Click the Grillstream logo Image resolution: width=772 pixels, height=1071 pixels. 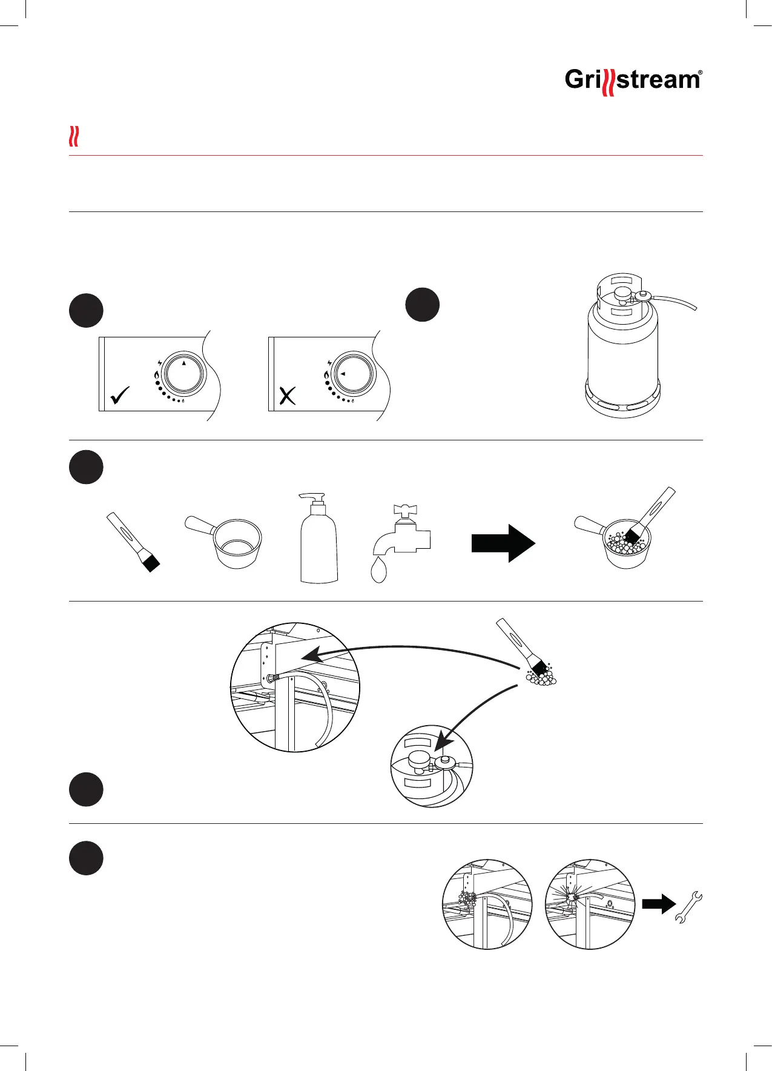coord(633,81)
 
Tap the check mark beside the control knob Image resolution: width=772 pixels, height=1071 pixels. coord(120,396)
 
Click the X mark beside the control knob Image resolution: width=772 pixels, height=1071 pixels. coord(287,396)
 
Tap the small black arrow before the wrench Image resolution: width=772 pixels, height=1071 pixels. coord(658,904)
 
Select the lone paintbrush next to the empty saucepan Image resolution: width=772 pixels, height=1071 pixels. coord(133,543)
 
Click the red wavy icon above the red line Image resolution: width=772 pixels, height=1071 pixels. coord(74,137)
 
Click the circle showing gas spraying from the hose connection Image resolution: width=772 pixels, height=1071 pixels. coord(590,904)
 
